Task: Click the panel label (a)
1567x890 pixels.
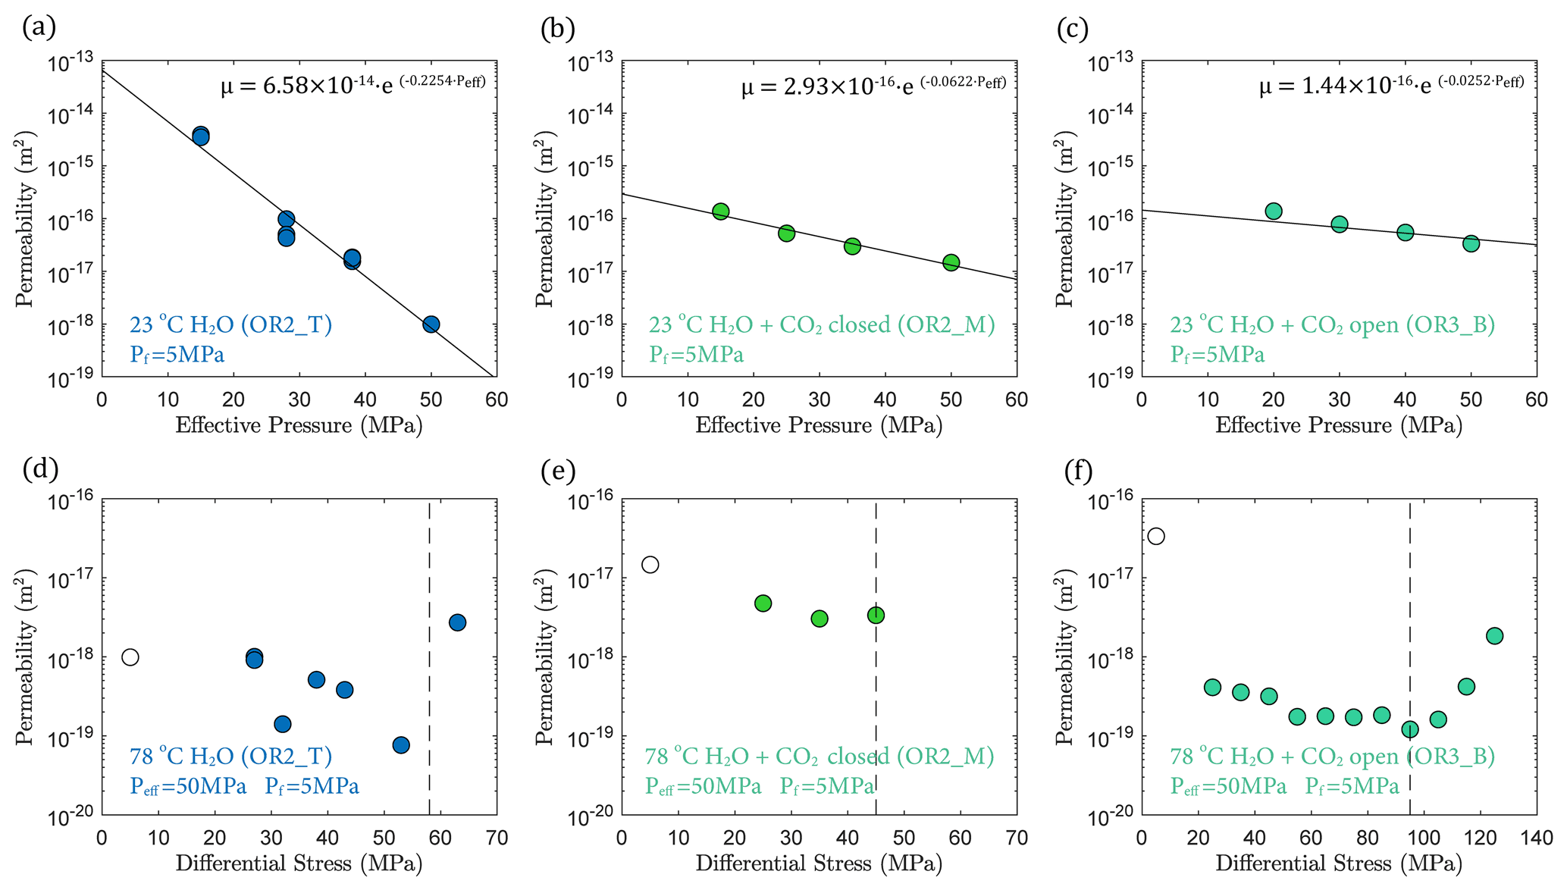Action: click(x=39, y=28)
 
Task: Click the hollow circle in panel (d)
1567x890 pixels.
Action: click(x=130, y=657)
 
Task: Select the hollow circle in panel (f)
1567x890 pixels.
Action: click(x=1156, y=537)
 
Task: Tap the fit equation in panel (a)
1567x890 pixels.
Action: click(x=353, y=85)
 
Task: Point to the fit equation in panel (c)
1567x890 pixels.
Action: click(x=1392, y=85)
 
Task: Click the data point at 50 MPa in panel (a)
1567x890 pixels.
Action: click(x=431, y=324)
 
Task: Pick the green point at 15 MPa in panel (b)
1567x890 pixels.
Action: click(x=721, y=212)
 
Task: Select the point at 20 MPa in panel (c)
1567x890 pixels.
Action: click(x=1274, y=212)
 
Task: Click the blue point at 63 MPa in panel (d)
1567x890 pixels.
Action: click(x=457, y=622)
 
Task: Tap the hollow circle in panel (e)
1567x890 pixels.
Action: click(x=650, y=565)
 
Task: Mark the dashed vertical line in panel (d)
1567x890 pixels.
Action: click(x=430, y=682)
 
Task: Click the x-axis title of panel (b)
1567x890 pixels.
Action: click(x=819, y=425)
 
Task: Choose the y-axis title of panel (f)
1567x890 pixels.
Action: click(x=1065, y=657)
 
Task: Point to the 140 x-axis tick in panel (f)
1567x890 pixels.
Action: click(x=1536, y=838)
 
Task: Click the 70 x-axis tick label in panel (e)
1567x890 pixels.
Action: click(x=1017, y=838)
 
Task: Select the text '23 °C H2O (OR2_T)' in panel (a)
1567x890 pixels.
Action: click(x=231, y=324)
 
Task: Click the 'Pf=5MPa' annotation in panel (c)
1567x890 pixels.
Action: click(x=1218, y=355)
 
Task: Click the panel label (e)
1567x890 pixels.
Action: click(x=558, y=471)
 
